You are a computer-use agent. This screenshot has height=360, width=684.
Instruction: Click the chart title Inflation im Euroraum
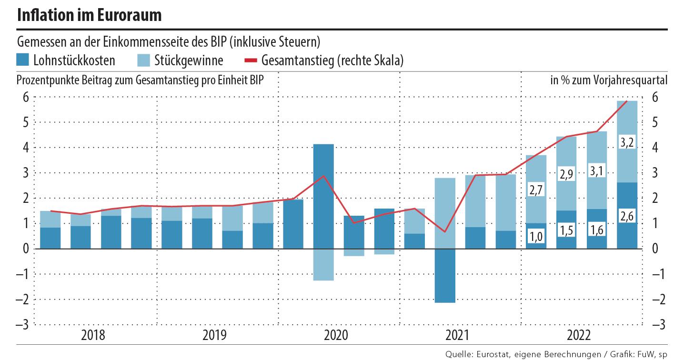pos(89,15)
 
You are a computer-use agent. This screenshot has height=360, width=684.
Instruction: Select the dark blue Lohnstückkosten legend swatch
pos(23,60)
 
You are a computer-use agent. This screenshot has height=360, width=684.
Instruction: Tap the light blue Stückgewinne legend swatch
pos(144,60)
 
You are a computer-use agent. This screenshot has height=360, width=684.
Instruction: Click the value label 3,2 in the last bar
pos(627,141)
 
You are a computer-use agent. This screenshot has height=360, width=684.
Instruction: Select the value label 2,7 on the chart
pos(536,190)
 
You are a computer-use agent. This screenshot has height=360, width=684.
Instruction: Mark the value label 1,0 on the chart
pos(536,236)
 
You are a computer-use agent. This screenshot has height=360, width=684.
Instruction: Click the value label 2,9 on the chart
pos(566,175)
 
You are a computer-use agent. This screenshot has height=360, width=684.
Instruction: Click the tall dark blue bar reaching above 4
pos(323,196)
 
